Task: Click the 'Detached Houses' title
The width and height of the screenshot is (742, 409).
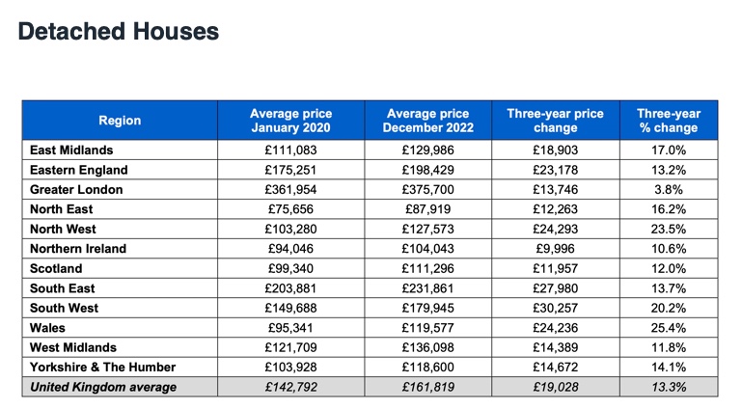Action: click(119, 32)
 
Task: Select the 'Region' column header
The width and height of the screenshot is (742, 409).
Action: click(120, 121)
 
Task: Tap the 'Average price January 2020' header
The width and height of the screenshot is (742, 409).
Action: click(291, 121)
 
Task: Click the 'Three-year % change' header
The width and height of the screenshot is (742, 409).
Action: click(669, 121)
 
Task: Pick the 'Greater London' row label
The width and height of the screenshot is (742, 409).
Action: click(76, 190)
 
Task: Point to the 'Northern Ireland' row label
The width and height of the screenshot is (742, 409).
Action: click(78, 249)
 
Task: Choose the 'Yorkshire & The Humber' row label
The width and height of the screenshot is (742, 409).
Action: click(102, 367)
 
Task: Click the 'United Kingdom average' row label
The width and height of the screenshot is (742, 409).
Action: click(103, 387)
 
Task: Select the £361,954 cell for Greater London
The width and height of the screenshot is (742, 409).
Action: click(291, 190)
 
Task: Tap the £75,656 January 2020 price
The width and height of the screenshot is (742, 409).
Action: click(291, 209)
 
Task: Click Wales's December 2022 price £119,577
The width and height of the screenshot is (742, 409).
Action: click(428, 328)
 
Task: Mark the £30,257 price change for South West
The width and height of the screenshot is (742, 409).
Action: click(556, 308)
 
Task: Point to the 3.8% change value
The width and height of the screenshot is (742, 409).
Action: click(669, 190)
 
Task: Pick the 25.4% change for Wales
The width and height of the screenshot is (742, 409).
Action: click(669, 328)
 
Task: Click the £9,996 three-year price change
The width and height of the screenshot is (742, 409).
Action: click(556, 249)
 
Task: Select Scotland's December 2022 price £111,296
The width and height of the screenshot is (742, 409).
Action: click(428, 268)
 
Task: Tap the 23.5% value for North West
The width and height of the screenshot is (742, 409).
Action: click(669, 229)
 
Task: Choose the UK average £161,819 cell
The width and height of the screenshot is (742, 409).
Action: click(428, 387)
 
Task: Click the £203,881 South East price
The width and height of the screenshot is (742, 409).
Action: click(291, 288)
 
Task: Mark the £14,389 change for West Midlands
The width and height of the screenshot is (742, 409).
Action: click(556, 347)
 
